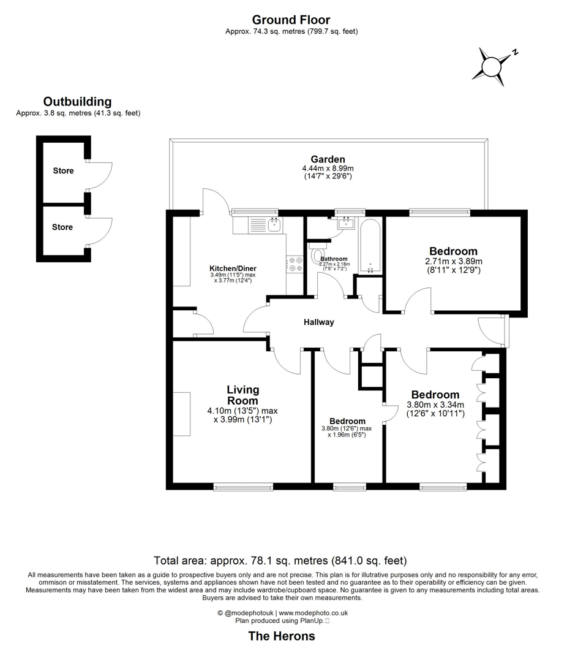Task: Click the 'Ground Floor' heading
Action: click(291, 20)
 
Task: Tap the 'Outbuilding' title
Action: click(77, 102)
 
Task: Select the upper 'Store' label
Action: click(62, 171)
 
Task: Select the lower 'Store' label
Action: click(62, 227)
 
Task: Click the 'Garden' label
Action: click(328, 159)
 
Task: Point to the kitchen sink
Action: click(273, 225)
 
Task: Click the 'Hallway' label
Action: click(319, 322)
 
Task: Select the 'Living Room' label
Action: click(242, 395)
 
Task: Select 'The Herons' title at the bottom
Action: click(281, 636)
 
